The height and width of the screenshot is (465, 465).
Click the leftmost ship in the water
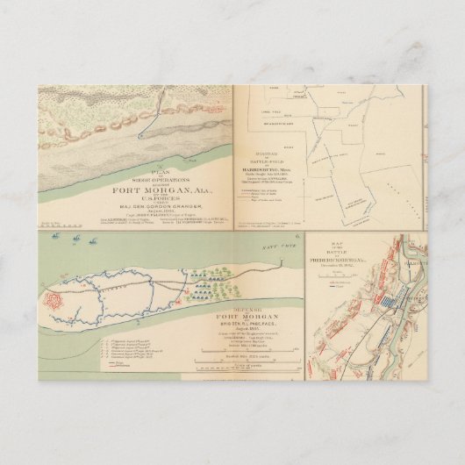click(x=55, y=236)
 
